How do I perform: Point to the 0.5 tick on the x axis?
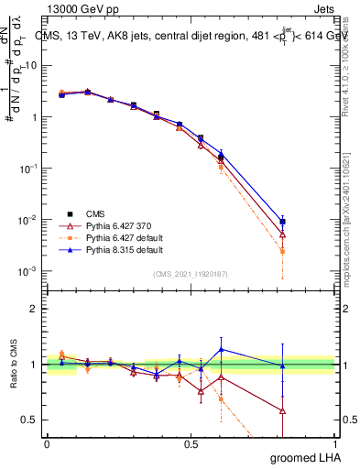(x=191, y=444)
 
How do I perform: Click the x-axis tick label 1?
(x=335, y=444)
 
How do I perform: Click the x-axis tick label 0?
(x=47, y=444)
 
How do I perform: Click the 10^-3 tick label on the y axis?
(x=27, y=271)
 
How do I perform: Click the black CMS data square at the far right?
(x=283, y=222)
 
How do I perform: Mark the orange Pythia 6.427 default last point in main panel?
(x=283, y=251)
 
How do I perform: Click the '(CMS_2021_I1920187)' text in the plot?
(x=191, y=273)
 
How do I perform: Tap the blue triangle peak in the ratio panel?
(x=221, y=349)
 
